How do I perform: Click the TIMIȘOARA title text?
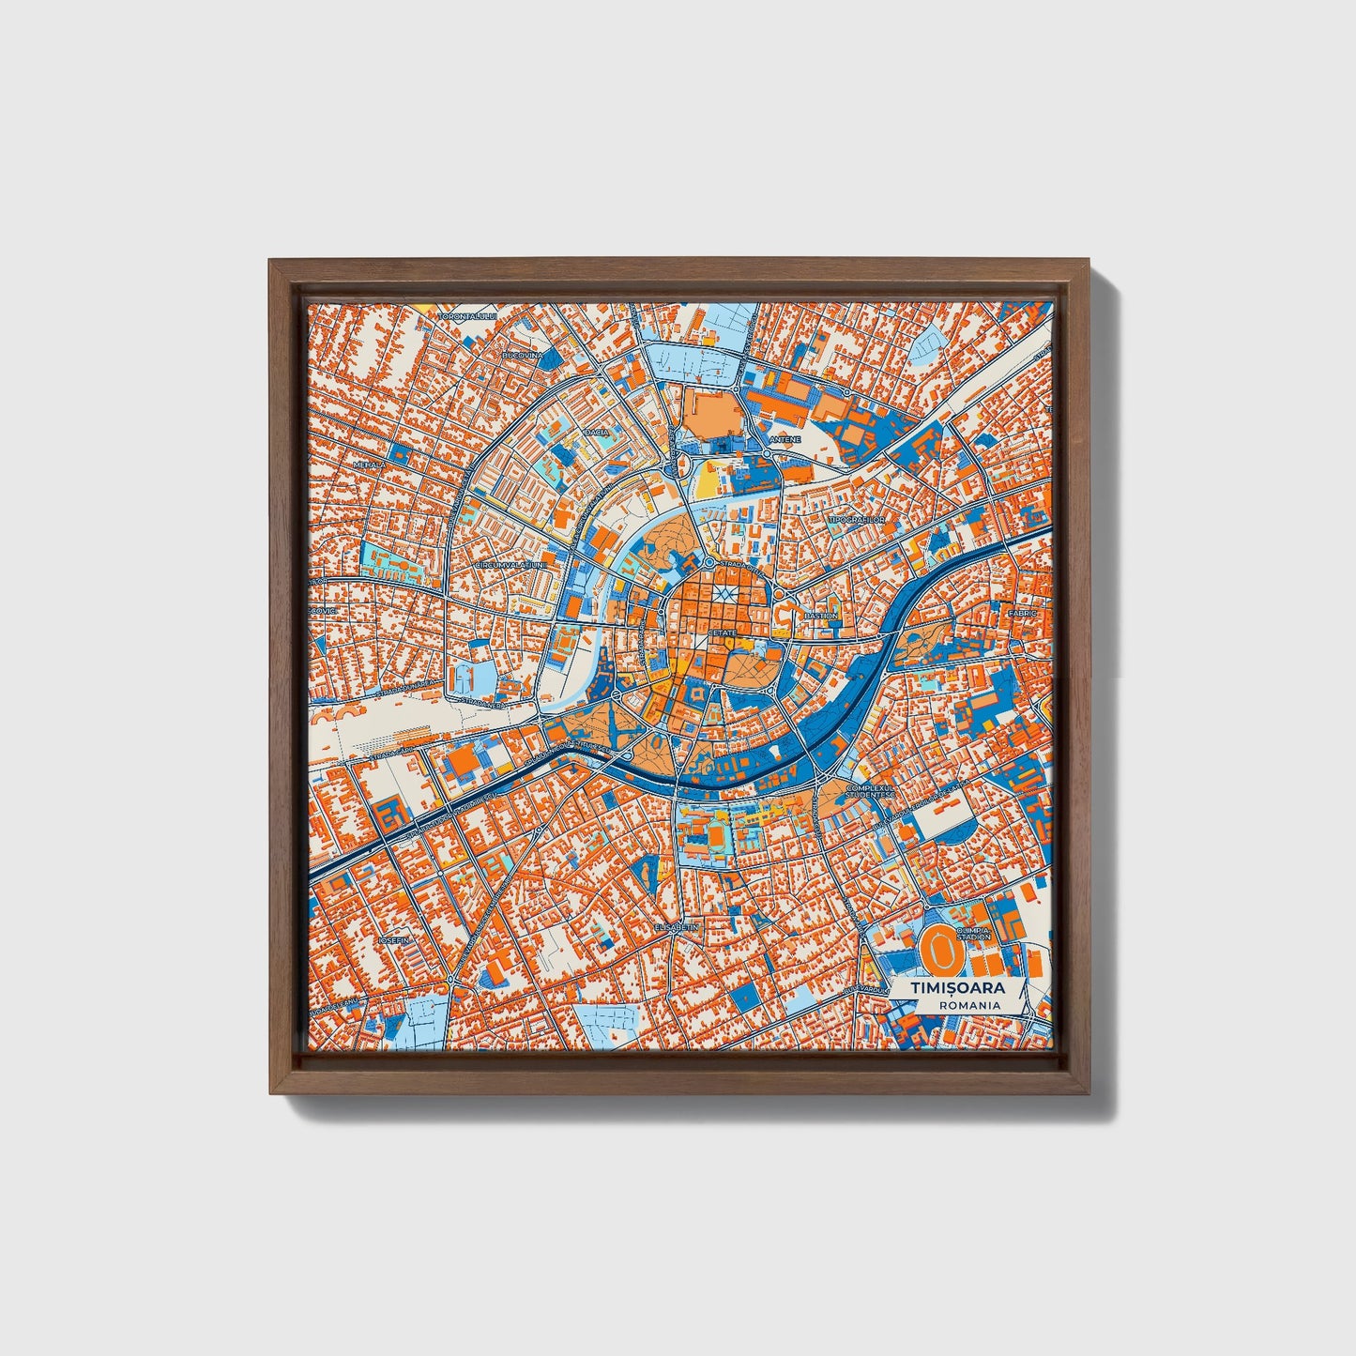pos(956,988)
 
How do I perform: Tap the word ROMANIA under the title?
pos(968,1005)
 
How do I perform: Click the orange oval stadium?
pos(936,950)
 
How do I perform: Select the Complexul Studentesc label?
pos(864,792)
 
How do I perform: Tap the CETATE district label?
pos(723,633)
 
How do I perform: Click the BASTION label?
pos(820,616)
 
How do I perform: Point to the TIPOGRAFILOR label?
pos(852,518)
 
